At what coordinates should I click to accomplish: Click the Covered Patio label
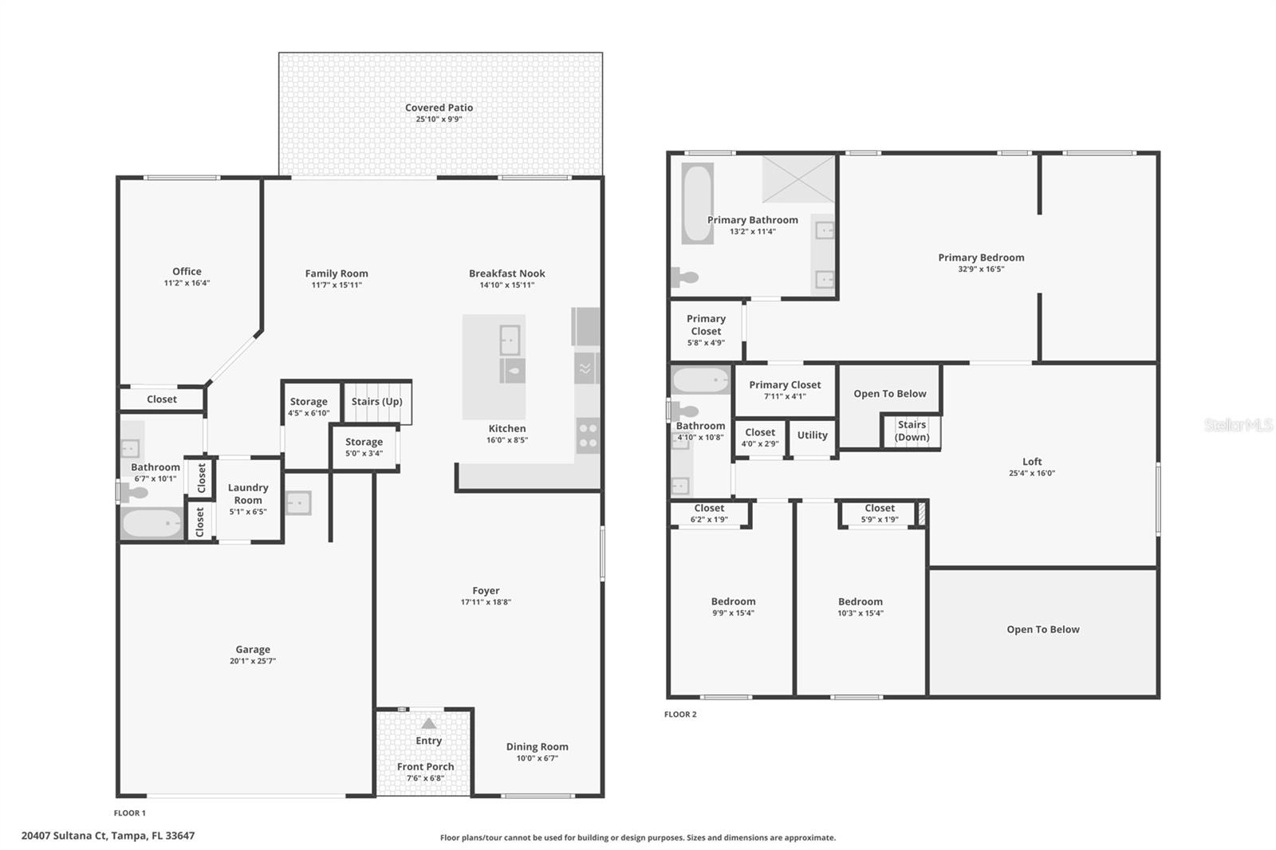tap(439, 107)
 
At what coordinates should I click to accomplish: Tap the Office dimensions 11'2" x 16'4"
tap(187, 282)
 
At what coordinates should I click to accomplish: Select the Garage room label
tap(253, 650)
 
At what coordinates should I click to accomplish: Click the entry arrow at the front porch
tap(429, 723)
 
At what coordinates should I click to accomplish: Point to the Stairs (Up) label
tap(376, 401)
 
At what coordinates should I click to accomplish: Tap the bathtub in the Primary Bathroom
tap(697, 203)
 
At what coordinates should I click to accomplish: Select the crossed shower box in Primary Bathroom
tap(798, 179)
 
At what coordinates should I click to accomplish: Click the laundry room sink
tap(298, 503)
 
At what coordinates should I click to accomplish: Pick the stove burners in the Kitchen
tap(588, 436)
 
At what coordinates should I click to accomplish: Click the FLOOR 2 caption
tap(680, 714)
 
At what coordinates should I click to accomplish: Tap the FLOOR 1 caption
tap(130, 813)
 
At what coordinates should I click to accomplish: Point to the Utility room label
tap(813, 435)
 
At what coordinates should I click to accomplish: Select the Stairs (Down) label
tap(912, 431)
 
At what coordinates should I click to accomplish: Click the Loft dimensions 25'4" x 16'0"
tap(1032, 473)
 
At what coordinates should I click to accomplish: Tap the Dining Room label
tap(538, 746)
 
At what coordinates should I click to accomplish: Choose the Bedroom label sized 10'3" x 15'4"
tap(861, 601)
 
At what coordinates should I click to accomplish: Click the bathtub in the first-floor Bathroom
tap(152, 524)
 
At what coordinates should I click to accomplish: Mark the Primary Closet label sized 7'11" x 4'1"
tap(785, 385)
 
